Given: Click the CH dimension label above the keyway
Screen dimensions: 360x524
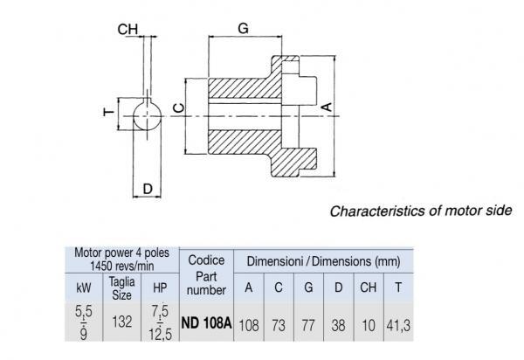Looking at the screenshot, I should (128, 29).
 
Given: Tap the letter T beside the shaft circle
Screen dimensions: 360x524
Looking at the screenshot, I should (108, 112).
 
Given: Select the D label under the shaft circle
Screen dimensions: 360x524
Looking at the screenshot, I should (148, 187).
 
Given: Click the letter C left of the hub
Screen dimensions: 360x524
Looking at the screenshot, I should (177, 107).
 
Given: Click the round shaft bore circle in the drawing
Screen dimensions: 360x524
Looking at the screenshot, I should (148, 114).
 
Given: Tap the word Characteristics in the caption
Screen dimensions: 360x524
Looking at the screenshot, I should (370, 211).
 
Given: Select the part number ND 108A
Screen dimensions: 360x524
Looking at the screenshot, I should (205, 322).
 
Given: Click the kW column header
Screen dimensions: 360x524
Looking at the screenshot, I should (82, 287).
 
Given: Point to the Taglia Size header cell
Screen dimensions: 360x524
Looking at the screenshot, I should (121, 287).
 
